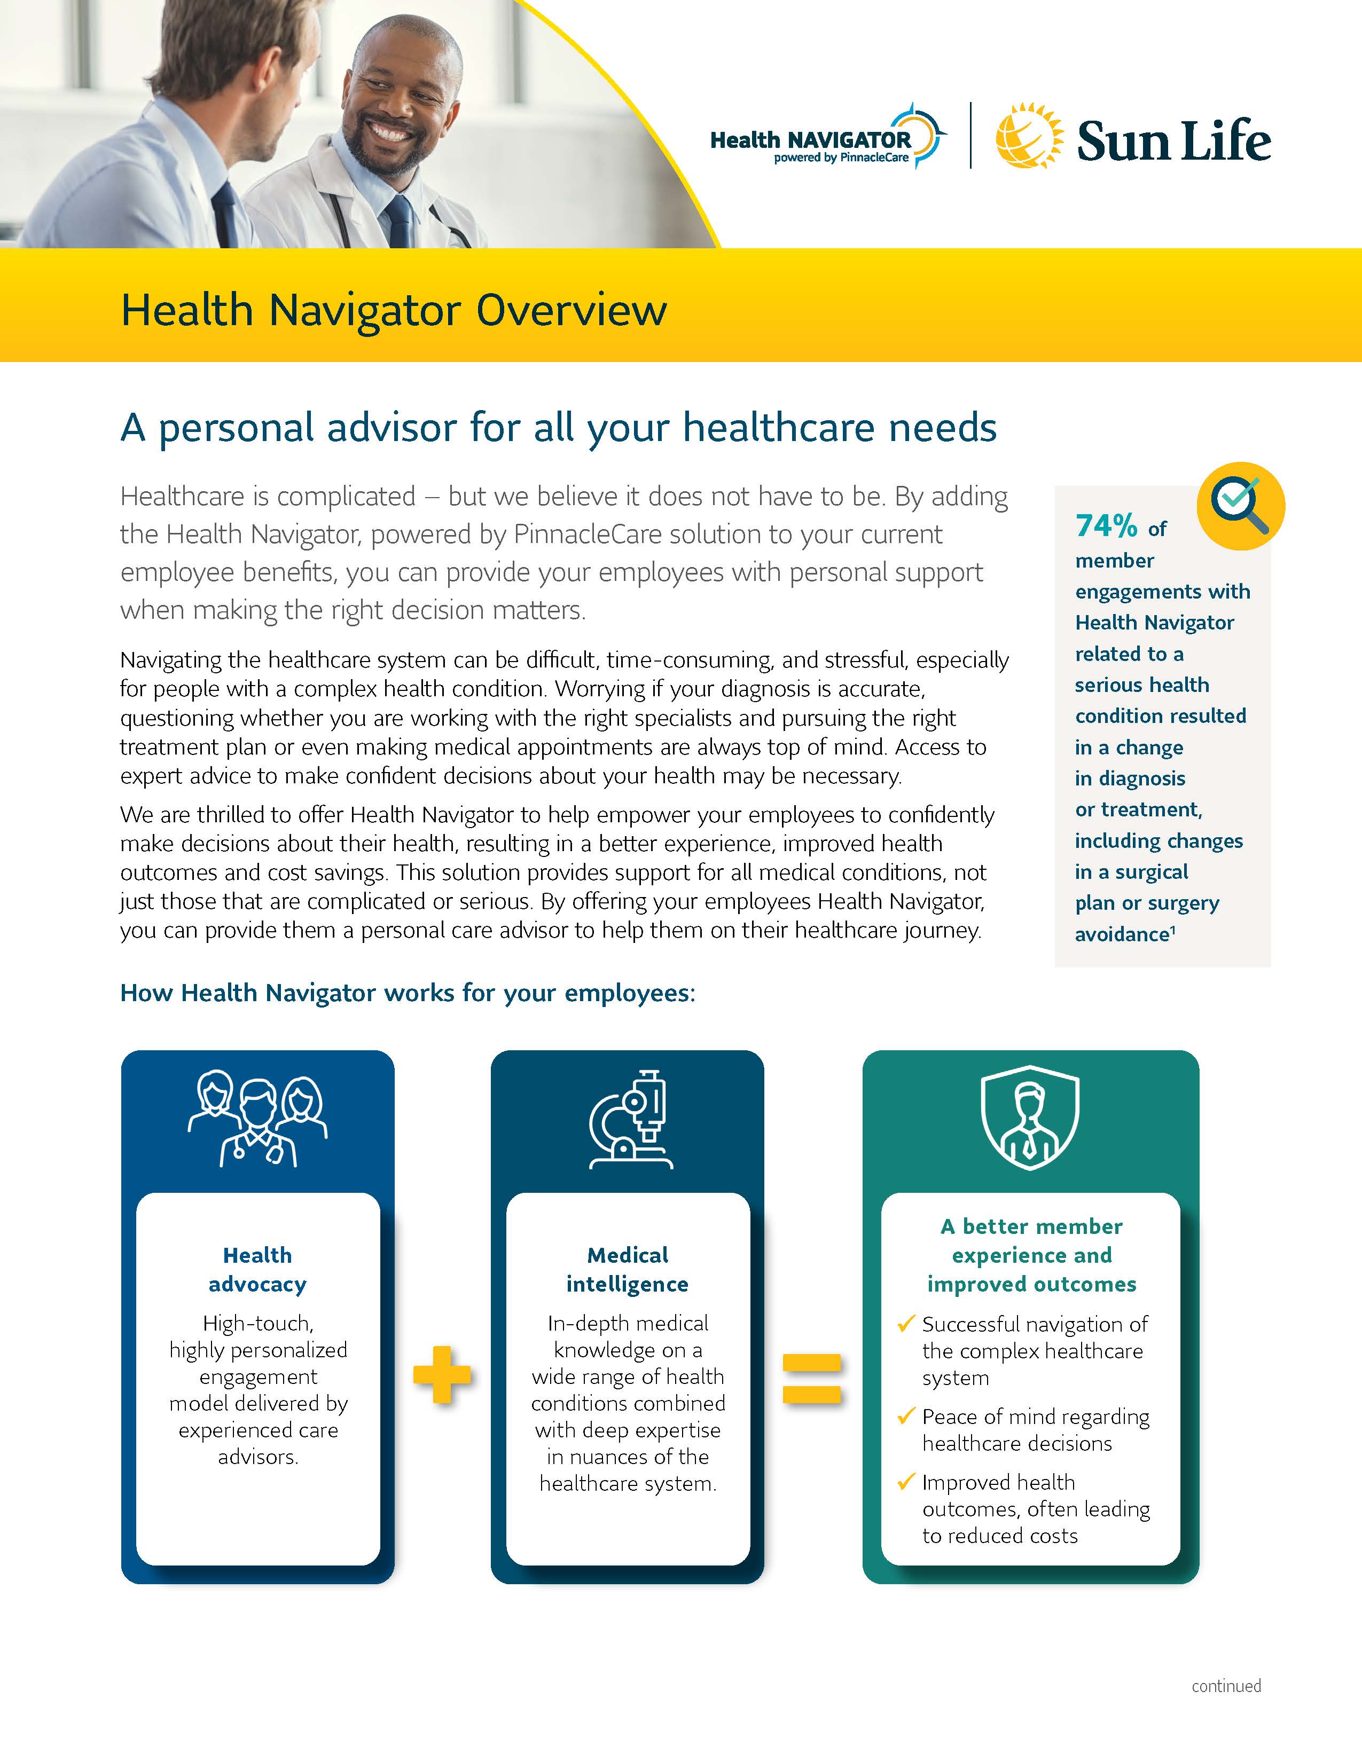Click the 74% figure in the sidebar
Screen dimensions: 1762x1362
tap(1106, 526)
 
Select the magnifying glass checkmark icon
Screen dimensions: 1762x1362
tap(1240, 506)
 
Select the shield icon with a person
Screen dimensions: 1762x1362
tap(1030, 1118)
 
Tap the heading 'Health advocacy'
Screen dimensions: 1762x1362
tap(257, 1269)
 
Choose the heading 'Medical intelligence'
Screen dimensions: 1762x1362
tap(628, 1269)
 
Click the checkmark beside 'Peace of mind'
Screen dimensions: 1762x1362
tap(906, 1416)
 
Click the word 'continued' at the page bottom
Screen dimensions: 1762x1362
tap(1226, 1685)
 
